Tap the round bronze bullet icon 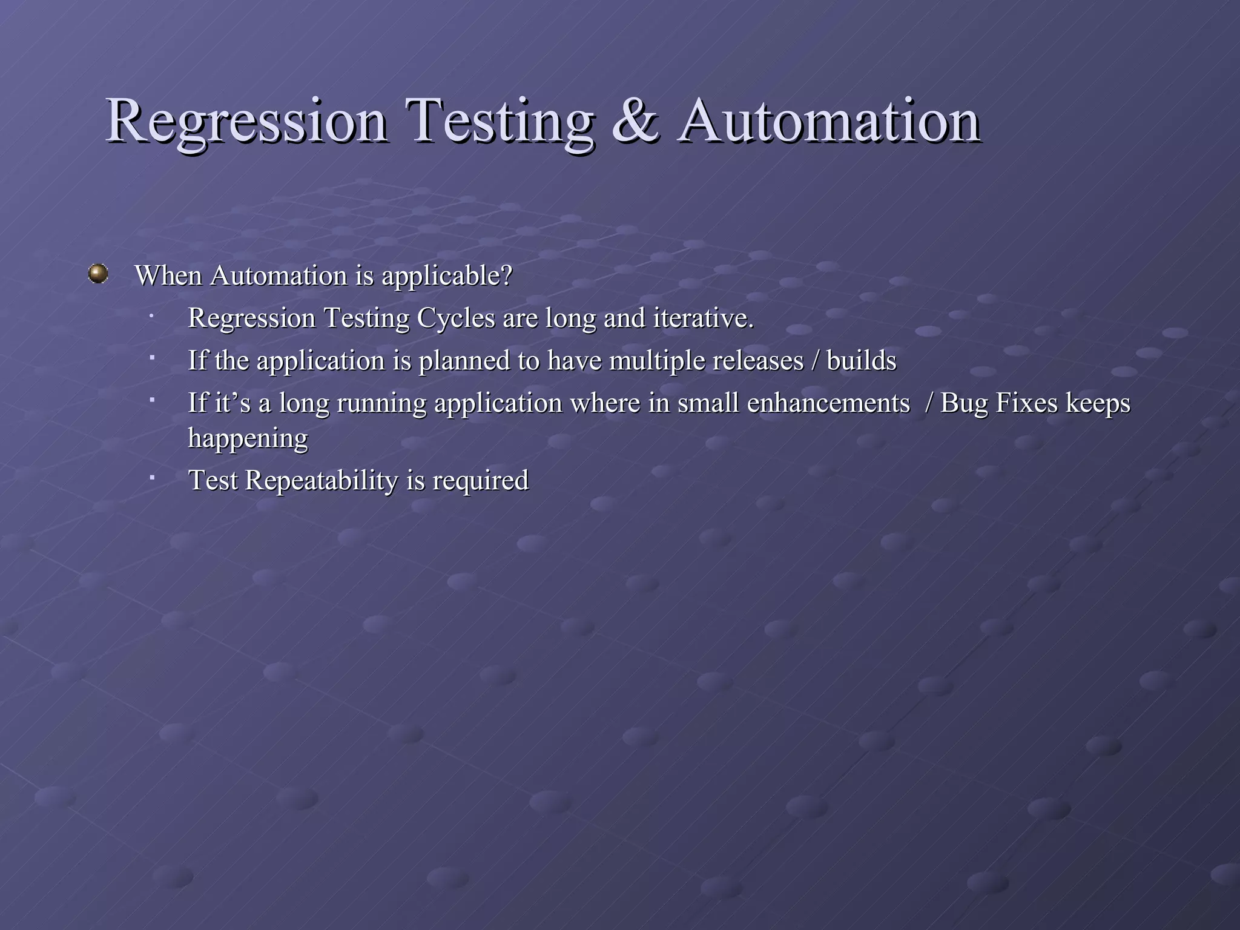point(97,274)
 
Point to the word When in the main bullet point(168,275)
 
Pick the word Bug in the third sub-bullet point(964,404)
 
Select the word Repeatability point(322,481)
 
